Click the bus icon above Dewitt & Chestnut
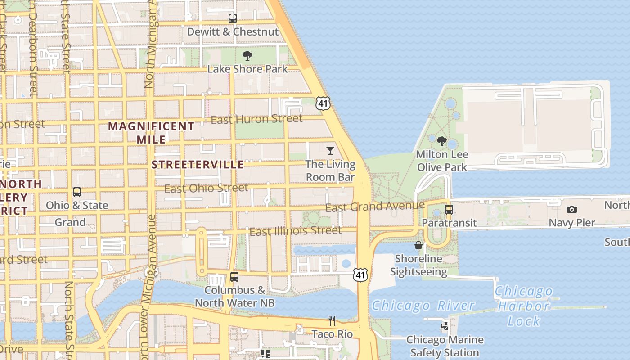click(232, 18)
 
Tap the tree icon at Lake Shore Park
click(247, 56)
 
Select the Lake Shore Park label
click(247, 69)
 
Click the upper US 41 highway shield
click(323, 103)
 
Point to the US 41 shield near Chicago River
click(360, 274)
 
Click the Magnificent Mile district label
click(151, 133)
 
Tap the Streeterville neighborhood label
click(198, 165)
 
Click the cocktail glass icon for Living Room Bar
click(330, 150)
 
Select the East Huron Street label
click(256, 119)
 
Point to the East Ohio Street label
click(206, 188)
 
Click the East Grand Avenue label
click(375, 207)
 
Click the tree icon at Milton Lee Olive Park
click(442, 141)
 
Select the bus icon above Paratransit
click(449, 209)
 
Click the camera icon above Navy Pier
click(572, 209)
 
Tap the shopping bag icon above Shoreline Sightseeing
click(418, 245)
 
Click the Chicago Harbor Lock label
click(523, 306)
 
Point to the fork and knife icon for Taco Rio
click(332, 320)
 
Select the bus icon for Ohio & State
click(77, 192)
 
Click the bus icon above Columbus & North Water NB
click(234, 277)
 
